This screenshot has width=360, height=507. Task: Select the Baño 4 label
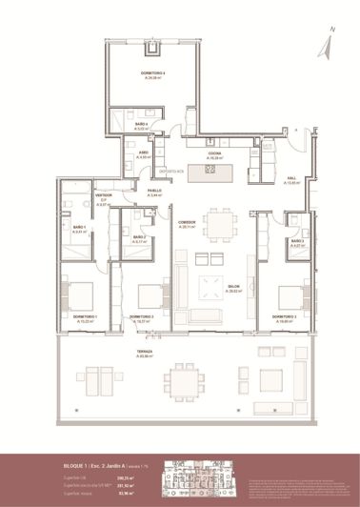pos(141,127)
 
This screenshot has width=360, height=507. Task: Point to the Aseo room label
pos(141,154)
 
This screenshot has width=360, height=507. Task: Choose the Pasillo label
pos(154,193)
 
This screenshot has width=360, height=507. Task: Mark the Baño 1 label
pos(80,229)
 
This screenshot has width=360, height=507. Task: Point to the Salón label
pos(232,292)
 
